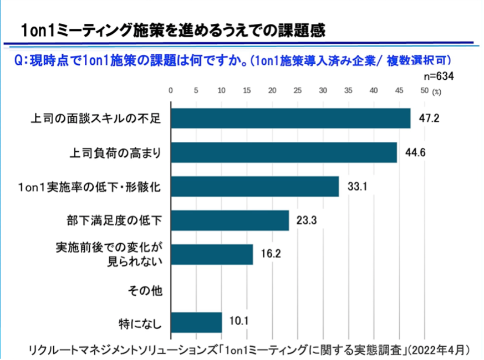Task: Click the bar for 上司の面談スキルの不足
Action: (x=291, y=118)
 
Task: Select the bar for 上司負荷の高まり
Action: (x=284, y=152)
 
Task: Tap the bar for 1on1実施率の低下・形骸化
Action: (x=254, y=187)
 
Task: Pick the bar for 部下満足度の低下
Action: (x=230, y=220)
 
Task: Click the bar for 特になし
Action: (x=196, y=322)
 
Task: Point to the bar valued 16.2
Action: (x=212, y=254)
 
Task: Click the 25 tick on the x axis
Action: (x=297, y=91)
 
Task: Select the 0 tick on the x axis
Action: (x=171, y=91)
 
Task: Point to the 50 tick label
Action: (x=424, y=91)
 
